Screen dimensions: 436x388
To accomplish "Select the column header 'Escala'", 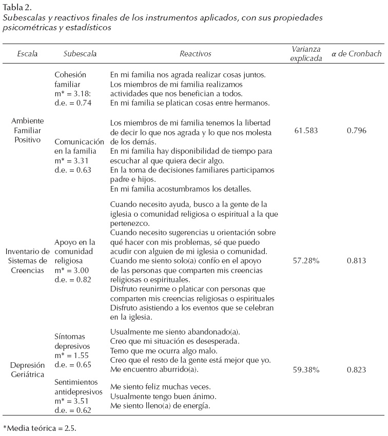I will point(27,54).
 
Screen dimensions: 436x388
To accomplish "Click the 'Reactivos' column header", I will point(195,54).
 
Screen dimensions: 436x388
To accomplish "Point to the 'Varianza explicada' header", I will point(307,54).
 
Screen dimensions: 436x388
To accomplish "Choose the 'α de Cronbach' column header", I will point(356,54).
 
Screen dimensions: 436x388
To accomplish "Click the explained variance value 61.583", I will point(306,130).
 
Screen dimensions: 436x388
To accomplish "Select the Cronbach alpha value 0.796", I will point(356,130).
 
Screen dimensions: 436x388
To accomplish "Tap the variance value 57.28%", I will point(306,261).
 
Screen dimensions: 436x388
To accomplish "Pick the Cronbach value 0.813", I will point(356,261).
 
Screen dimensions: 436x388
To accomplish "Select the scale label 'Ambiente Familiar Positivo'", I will point(27,130).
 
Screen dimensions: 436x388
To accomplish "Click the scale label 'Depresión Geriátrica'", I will point(27,369).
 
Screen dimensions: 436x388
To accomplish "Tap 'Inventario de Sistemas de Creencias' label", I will point(27,261).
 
